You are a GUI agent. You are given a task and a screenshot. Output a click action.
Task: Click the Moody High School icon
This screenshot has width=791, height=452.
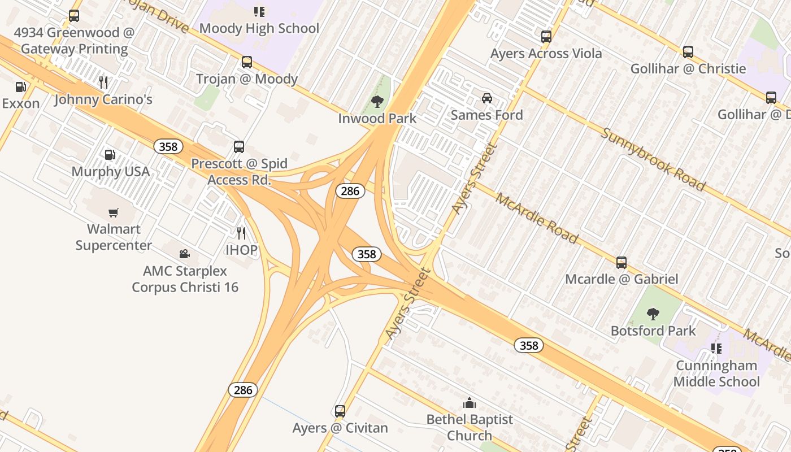(259, 11)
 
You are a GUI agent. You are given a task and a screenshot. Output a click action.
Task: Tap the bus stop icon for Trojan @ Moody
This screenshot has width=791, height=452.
(247, 62)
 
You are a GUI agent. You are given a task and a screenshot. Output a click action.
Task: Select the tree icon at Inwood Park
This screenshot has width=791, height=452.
(377, 102)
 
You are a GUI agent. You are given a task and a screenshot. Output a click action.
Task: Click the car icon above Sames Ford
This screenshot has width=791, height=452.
(487, 98)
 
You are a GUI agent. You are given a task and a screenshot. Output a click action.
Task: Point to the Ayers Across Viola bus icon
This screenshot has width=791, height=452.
(546, 37)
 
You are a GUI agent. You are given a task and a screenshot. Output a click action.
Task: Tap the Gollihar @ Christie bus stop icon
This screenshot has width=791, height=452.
(688, 52)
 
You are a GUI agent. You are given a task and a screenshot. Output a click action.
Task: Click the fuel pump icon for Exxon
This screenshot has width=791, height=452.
(21, 87)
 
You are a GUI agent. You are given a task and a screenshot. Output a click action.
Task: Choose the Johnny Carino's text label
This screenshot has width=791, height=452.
(103, 100)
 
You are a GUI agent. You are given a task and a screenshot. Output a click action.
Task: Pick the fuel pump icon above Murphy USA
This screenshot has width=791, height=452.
(110, 155)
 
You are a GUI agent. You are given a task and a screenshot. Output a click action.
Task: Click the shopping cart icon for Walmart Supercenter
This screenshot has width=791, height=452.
(114, 212)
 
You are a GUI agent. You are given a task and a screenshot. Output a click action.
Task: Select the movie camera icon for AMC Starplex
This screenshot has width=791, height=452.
(184, 254)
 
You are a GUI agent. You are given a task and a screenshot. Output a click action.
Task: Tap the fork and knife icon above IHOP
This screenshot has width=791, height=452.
(241, 233)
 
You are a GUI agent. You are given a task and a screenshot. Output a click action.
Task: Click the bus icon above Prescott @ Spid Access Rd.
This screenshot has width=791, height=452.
(239, 147)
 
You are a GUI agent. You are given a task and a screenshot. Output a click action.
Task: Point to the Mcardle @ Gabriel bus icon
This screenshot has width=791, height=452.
(621, 263)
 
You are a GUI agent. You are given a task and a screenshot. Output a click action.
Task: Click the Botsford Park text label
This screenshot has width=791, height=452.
(653, 331)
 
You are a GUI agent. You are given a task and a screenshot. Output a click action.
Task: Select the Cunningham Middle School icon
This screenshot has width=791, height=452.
(716, 348)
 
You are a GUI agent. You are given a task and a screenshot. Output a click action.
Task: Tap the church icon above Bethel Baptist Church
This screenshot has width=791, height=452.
(470, 403)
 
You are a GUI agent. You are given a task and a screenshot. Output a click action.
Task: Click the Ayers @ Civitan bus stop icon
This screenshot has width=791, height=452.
(340, 411)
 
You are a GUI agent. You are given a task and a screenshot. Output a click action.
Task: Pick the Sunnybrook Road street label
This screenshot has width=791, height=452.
(653, 159)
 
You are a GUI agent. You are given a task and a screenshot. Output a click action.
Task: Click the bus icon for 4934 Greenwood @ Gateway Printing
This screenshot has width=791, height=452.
(74, 16)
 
